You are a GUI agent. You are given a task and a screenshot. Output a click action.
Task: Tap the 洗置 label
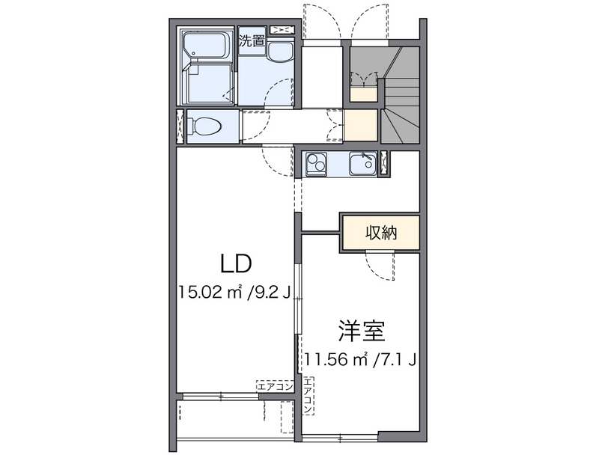pos(252,41)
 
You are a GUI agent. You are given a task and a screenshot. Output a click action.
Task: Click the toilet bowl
pos(205,126)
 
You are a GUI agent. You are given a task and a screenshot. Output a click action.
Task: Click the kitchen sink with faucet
pos(361,162)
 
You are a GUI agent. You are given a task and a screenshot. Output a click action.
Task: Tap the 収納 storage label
pos(380,232)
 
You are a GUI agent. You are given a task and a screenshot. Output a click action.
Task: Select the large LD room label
pos(234,263)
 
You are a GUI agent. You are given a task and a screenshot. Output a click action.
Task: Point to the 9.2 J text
pos(270,292)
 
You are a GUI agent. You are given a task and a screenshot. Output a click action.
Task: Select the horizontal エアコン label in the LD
pos(273,386)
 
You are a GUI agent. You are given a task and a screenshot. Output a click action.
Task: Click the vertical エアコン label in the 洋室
pos(308,397)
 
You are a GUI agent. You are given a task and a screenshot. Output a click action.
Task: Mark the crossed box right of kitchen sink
pos(384,162)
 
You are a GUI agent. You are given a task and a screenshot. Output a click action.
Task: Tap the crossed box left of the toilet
pos(179,126)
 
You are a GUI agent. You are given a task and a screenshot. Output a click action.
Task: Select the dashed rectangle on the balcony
pos(285,418)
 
